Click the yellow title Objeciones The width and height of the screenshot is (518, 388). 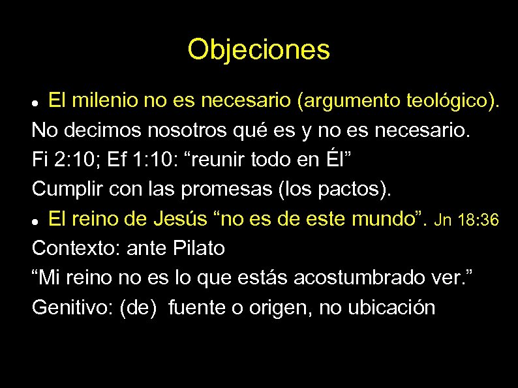pyautogui.click(x=258, y=50)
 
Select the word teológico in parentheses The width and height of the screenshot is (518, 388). pyautogui.click(x=448, y=101)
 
